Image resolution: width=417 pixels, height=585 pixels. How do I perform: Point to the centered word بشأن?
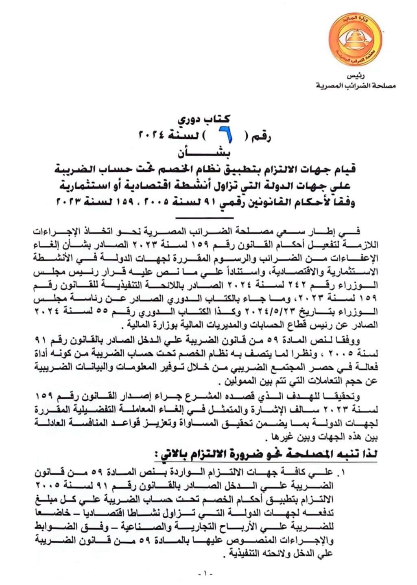[x=207, y=154]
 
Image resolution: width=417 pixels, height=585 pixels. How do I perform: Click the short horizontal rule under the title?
[x=209, y=218]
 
